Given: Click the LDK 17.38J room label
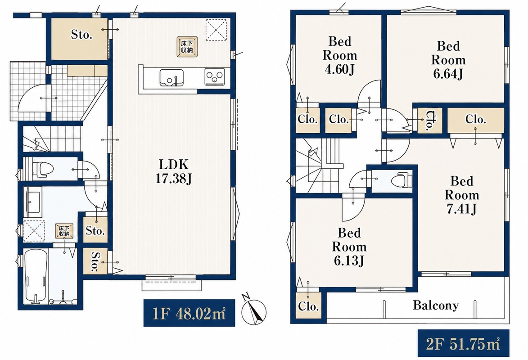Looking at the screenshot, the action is [x=173, y=171].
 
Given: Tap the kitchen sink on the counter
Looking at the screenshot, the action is [x=171, y=78].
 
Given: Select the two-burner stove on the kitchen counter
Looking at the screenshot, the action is [x=215, y=77].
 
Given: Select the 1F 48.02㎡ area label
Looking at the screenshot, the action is [x=189, y=313].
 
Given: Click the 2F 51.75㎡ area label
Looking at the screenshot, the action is [x=464, y=344].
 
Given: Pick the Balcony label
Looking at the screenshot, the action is [x=436, y=306].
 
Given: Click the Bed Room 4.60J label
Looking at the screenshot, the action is [x=340, y=55].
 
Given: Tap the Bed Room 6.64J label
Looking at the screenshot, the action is [x=448, y=60].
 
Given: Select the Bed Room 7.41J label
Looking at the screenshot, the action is [x=462, y=195].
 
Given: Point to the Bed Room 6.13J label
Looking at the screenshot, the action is [x=349, y=247].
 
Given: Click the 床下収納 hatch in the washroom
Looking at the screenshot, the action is [x=64, y=231].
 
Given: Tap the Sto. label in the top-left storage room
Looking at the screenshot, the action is [x=81, y=34].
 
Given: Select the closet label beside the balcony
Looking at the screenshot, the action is [x=308, y=306].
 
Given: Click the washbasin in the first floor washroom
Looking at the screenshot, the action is [x=33, y=202].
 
